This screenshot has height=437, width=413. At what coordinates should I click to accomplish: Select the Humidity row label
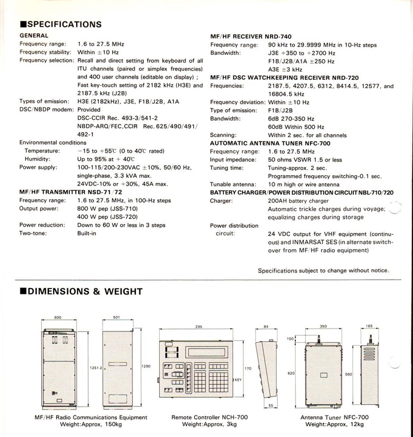[37, 159]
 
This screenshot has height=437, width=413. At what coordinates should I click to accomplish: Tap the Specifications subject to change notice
[323, 270]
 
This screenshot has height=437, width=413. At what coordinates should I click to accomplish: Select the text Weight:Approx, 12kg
[334, 424]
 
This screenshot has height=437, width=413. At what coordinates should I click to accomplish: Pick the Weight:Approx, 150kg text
[92, 424]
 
